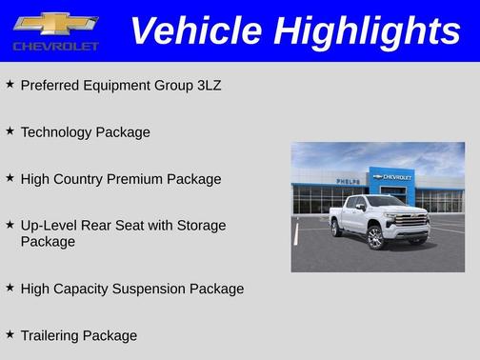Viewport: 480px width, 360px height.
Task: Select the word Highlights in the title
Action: click(x=366, y=31)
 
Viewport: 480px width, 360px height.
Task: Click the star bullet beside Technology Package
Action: click(x=10, y=130)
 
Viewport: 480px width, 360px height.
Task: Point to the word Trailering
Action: click(x=50, y=335)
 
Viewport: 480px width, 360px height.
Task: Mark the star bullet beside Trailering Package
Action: click(x=10, y=333)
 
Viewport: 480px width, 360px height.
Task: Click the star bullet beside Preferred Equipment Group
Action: click(x=10, y=83)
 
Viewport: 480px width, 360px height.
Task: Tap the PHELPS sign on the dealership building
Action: click(x=349, y=180)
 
